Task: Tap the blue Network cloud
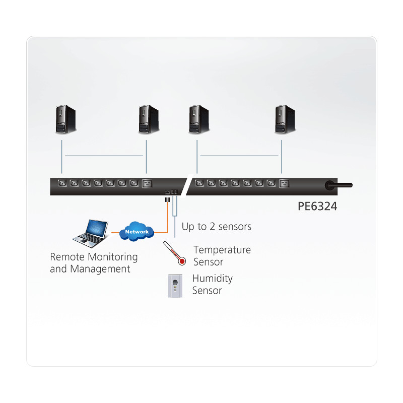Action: [x=137, y=231]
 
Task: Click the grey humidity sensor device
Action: [x=174, y=286]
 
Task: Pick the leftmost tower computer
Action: [x=65, y=119]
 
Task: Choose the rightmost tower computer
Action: [x=285, y=119]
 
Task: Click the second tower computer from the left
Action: [x=149, y=119]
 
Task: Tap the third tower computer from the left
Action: [x=199, y=119]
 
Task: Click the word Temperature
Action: [x=222, y=250]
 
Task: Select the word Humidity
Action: [x=212, y=279]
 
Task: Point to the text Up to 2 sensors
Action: [x=216, y=227]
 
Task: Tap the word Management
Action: [x=100, y=269]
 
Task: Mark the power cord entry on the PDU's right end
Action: [x=332, y=185]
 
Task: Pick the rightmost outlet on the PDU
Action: [x=285, y=184]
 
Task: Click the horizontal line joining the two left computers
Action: [x=104, y=156]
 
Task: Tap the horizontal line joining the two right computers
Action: [x=239, y=156]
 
